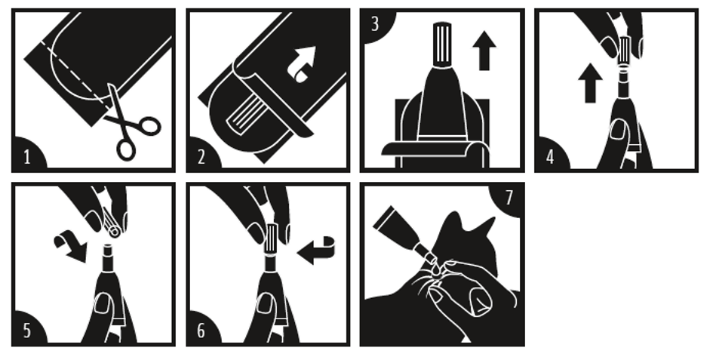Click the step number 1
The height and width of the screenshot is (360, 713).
click(x=27, y=158)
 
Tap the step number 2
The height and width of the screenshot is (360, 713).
click(x=201, y=158)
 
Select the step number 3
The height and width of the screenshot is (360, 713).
click(x=375, y=24)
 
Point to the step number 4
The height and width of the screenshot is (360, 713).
click(x=550, y=158)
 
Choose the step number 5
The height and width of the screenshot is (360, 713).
click(x=27, y=331)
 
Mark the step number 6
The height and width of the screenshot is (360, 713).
click(x=201, y=331)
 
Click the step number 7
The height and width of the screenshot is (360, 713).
click(x=509, y=198)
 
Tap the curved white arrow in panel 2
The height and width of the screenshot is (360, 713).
click(x=303, y=63)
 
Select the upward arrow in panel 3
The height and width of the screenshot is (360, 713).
click(x=484, y=51)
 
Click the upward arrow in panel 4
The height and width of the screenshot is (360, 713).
click(x=590, y=83)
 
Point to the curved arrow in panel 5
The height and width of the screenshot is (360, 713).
click(x=70, y=246)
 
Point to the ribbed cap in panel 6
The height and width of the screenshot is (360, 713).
click(x=271, y=239)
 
